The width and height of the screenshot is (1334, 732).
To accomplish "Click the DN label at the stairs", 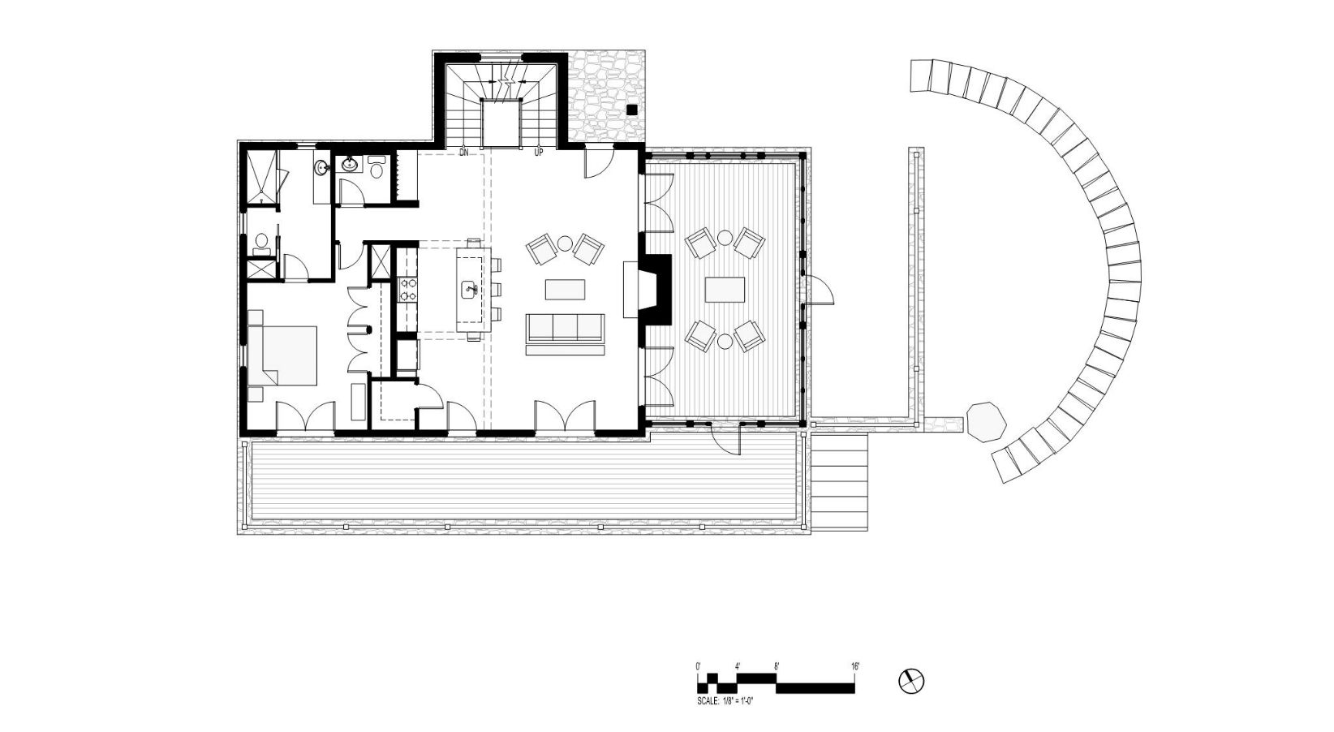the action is click(x=463, y=153).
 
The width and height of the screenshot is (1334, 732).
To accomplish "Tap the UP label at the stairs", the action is click(x=539, y=153).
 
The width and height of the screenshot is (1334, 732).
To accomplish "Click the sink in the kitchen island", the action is click(x=470, y=291).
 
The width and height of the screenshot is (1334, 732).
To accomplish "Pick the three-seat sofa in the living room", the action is click(x=565, y=334).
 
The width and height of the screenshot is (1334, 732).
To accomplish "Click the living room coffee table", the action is click(x=565, y=290).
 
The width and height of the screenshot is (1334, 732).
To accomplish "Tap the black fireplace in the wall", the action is click(x=657, y=290).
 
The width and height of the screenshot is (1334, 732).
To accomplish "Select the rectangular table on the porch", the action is click(x=725, y=290).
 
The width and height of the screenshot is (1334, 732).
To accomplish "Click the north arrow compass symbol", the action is click(x=911, y=681).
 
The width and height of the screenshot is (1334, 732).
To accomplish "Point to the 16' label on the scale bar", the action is click(x=855, y=666).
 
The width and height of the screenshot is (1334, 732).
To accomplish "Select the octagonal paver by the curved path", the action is click(x=986, y=422).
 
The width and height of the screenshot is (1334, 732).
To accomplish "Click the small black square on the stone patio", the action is click(x=632, y=109).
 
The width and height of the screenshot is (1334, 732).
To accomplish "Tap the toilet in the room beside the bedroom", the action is click(x=260, y=241).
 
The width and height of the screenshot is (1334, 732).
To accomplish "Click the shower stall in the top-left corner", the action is click(x=263, y=178).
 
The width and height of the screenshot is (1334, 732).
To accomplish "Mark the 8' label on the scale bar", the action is click(x=777, y=666).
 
